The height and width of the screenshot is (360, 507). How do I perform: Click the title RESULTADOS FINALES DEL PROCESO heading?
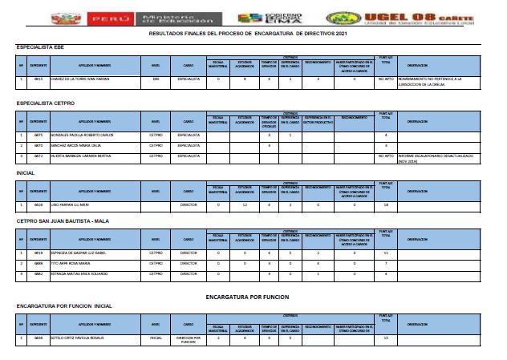[253, 35]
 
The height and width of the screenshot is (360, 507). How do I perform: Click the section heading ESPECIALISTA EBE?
[41, 48]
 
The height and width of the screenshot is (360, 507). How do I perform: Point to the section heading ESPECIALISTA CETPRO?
[46, 103]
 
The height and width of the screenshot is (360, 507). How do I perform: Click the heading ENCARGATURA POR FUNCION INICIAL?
[64, 305]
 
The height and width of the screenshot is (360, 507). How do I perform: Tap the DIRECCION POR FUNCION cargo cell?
[188, 339]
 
